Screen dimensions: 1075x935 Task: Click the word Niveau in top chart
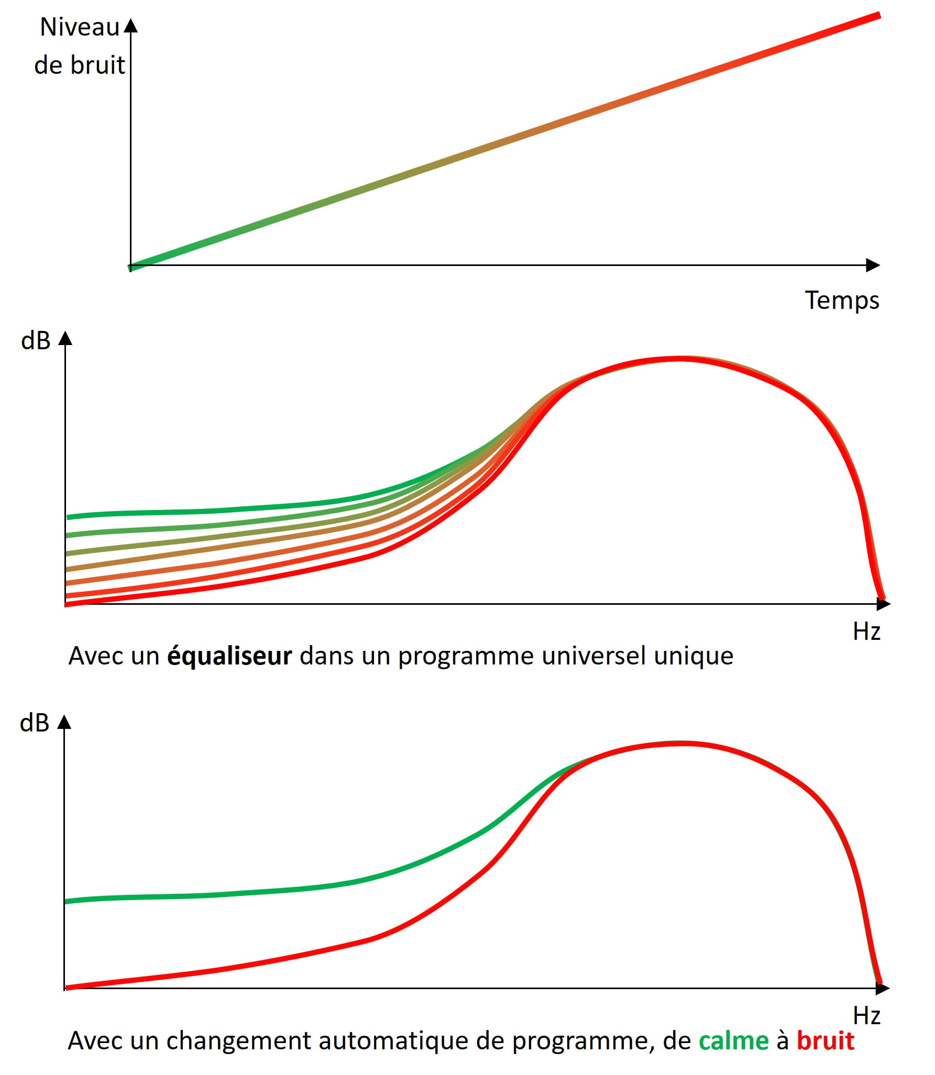coord(80,27)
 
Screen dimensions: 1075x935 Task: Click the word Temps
coord(841,301)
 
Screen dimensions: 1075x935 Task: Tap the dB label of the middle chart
coord(36,341)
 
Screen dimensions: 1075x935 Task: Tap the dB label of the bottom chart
coord(35,723)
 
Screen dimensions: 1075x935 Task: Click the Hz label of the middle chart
coord(866,631)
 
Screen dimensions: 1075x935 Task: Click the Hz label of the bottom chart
coord(866,1016)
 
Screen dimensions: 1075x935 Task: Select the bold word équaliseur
coord(229,656)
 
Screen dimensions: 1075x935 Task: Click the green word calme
coord(733,1041)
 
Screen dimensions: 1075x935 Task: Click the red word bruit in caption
coord(825,1041)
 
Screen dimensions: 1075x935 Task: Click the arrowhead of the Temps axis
coord(873,265)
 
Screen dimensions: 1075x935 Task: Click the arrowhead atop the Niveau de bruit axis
coord(131,26)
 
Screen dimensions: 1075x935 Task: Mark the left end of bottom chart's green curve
coord(68,901)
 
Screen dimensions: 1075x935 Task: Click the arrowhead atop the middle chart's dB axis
coord(65,338)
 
